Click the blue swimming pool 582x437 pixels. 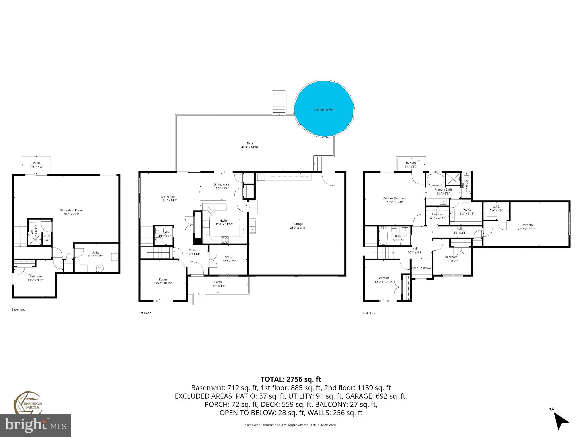[x=324, y=110]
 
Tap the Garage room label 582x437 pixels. [x=298, y=224]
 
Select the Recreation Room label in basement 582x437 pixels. [x=71, y=210]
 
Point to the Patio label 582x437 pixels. [x=36, y=163]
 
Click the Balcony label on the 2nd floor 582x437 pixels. [x=411, y=163]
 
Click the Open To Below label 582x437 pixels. [x=421, y=268]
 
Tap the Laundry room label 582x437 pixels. [x=437, y=215]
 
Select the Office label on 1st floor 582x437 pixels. [x=228, y=257]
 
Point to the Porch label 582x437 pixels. [x=218, y=282]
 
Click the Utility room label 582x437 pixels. [x=95, y=252]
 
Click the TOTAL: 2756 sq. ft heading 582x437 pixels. [x=291, y=379]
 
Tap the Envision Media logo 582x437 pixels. [x=28, y=402]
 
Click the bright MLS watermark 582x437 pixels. [x=36, y=425]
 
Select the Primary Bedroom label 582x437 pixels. [x=394, y=198]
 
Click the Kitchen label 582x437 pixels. [x=224, y=220]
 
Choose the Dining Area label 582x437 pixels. [x=221, y=184]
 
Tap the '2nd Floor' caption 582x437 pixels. [x=369, y=313]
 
